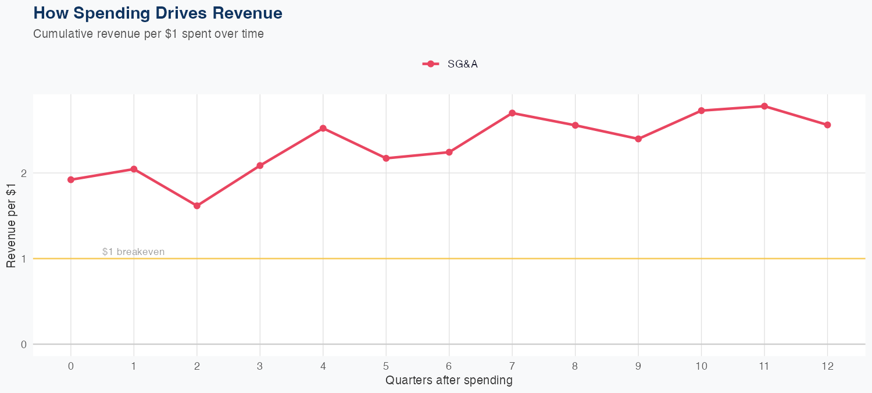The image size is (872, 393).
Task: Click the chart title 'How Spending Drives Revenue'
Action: click(158, 13)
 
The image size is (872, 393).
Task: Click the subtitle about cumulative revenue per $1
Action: click(148, 34)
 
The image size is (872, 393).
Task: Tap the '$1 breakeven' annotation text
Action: click(133, 252)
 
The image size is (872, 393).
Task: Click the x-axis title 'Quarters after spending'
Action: click(449, 381)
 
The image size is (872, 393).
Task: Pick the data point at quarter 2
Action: click(197, 206)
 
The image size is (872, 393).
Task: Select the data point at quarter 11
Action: click(764, 106)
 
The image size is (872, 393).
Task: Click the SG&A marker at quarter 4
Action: click(323, 128)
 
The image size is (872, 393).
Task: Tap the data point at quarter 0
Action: click(71, 180)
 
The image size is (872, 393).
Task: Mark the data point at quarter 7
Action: click(512, 113)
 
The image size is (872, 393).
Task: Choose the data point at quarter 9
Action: click(638, 139)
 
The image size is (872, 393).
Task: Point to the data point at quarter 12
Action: click(827, 125)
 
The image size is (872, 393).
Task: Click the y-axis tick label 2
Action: click(24, 173)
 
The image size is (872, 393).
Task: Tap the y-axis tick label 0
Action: click(24, 344)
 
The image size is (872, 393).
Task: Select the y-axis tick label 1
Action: click(24, 259)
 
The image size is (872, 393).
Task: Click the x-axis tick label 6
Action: click(449, 366)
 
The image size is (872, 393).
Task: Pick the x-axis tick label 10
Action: click(701, 366)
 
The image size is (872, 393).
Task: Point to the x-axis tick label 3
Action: click(260, 366)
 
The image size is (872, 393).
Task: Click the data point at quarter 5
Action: click(386, 158)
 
